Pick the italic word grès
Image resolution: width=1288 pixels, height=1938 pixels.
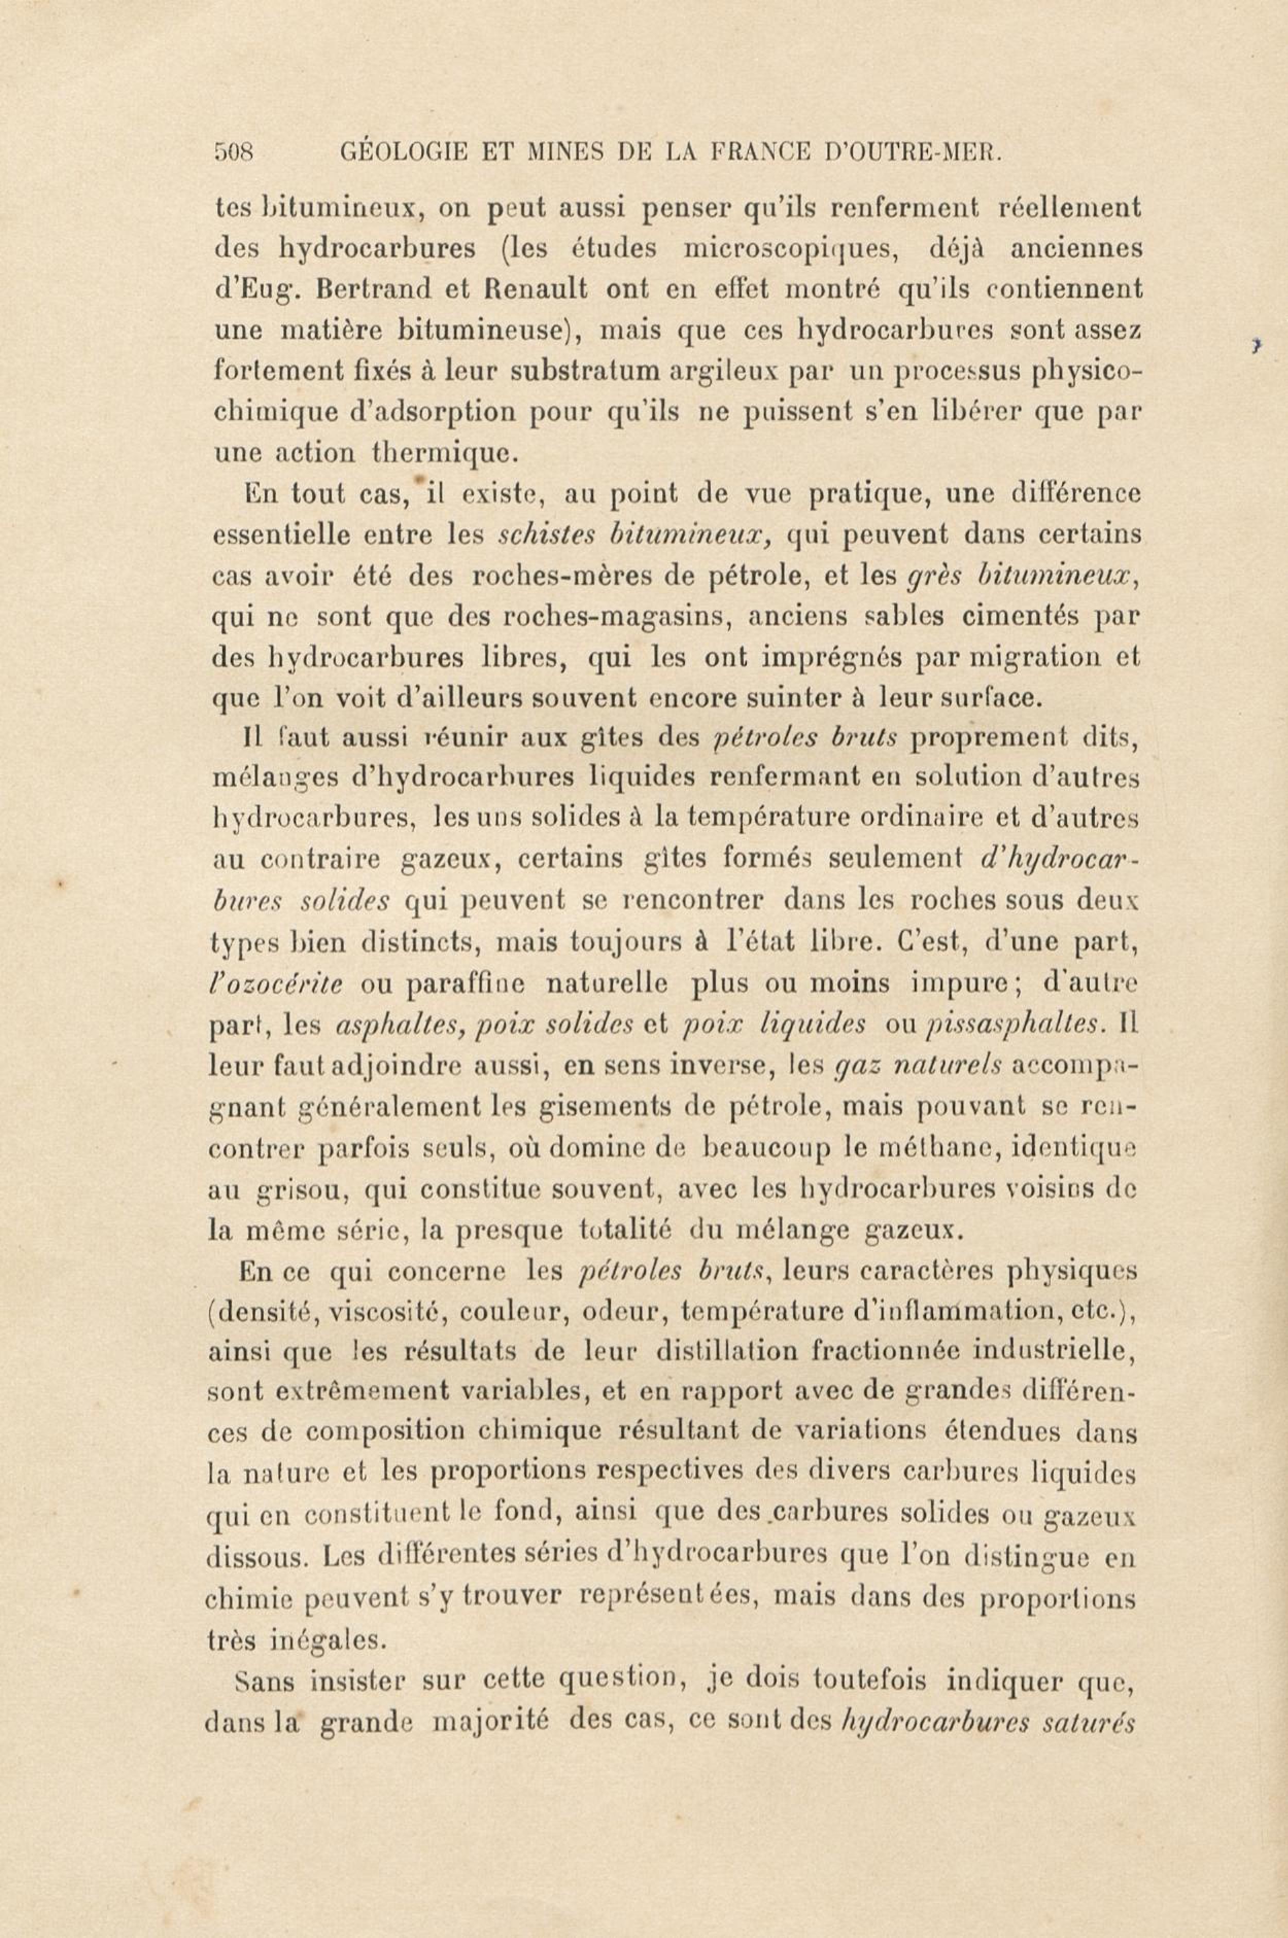928,576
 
